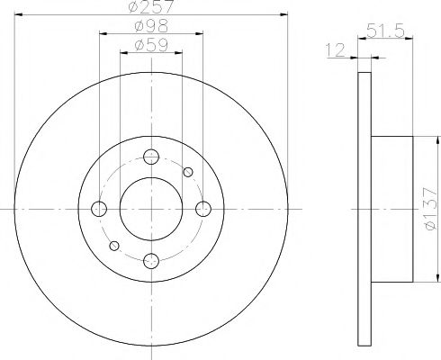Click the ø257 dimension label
pyautogui.click(x=151, y=6)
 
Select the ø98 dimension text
pyautogui.click(x=151, y=26)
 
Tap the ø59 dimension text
pyautogui.click(x=151, y=45)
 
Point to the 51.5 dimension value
pyautogui.click(x=385, y=31)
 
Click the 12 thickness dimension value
pyautogui.click(x=336, y=50)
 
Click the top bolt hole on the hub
pyautogui.click(x=151, y=157)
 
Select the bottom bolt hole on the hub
pyautogui.click(x=151, y=261)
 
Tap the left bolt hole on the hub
pyautogui.click(x=99, y=209)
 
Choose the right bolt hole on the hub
pyautogui.click(x=203, y=209)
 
